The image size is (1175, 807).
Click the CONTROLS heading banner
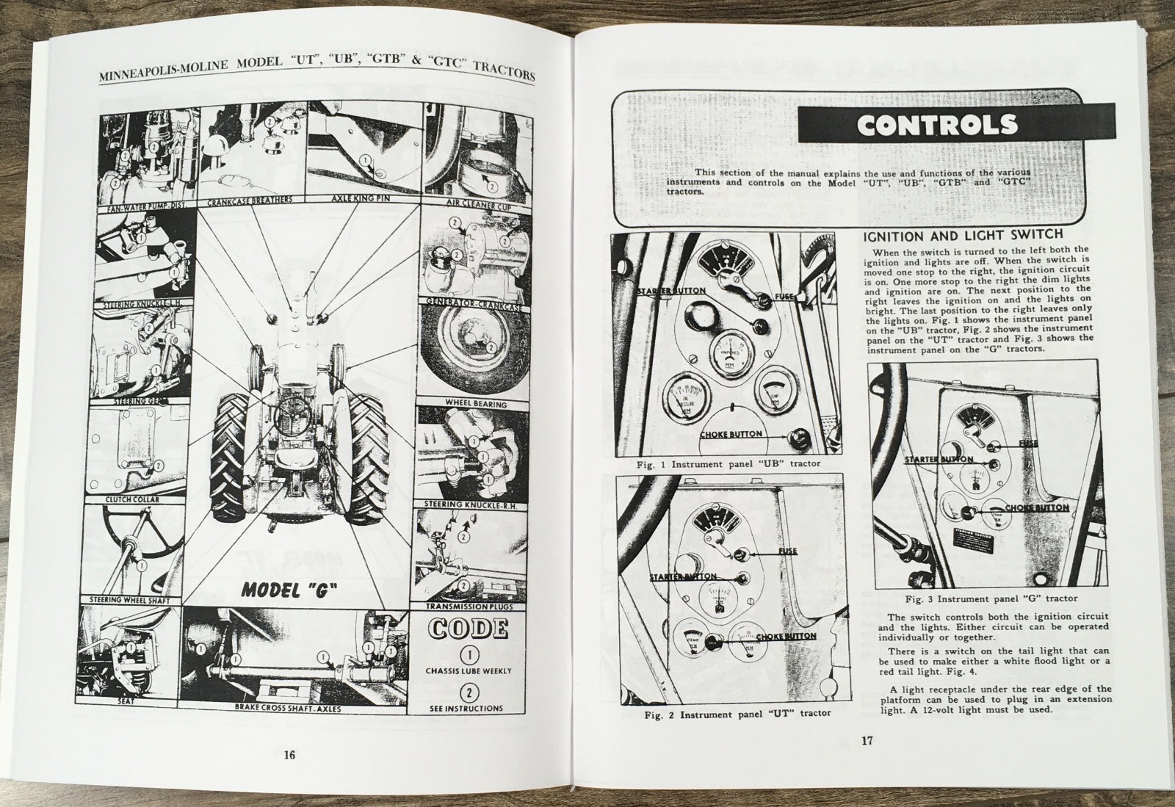[x=938, y=126]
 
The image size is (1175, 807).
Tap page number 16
[x=289, y=755]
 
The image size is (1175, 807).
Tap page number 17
[x=866, y=741]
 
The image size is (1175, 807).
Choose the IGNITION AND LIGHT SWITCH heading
[x=962, y=235]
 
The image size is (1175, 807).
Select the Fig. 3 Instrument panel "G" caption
[x=982, y=598]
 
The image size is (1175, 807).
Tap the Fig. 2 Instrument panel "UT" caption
[x=737, y=713]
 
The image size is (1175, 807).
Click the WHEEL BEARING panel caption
[x=476, y=404]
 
